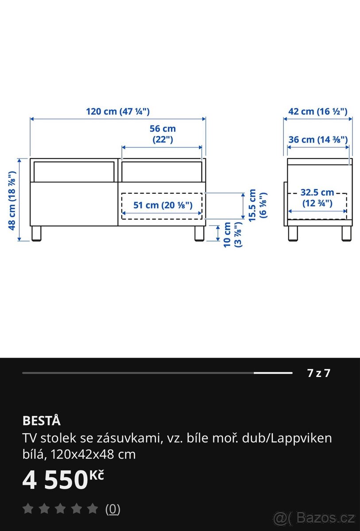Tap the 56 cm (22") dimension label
[x=163, y=134]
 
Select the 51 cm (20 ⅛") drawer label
[x=163, y=205]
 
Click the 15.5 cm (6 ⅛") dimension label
[x=257, y=205]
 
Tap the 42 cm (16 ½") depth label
[x=318, y=112]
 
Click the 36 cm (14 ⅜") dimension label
[x=318, y=140]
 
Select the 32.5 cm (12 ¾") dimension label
[x=317, y=198]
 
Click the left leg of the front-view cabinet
[x=36, y=234]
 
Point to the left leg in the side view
[x=293, y=233]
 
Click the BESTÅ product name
[x=41, y=420]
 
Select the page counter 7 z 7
[x=319, y=373]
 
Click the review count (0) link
[x=112, y=509]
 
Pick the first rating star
[x=28, y=509]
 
